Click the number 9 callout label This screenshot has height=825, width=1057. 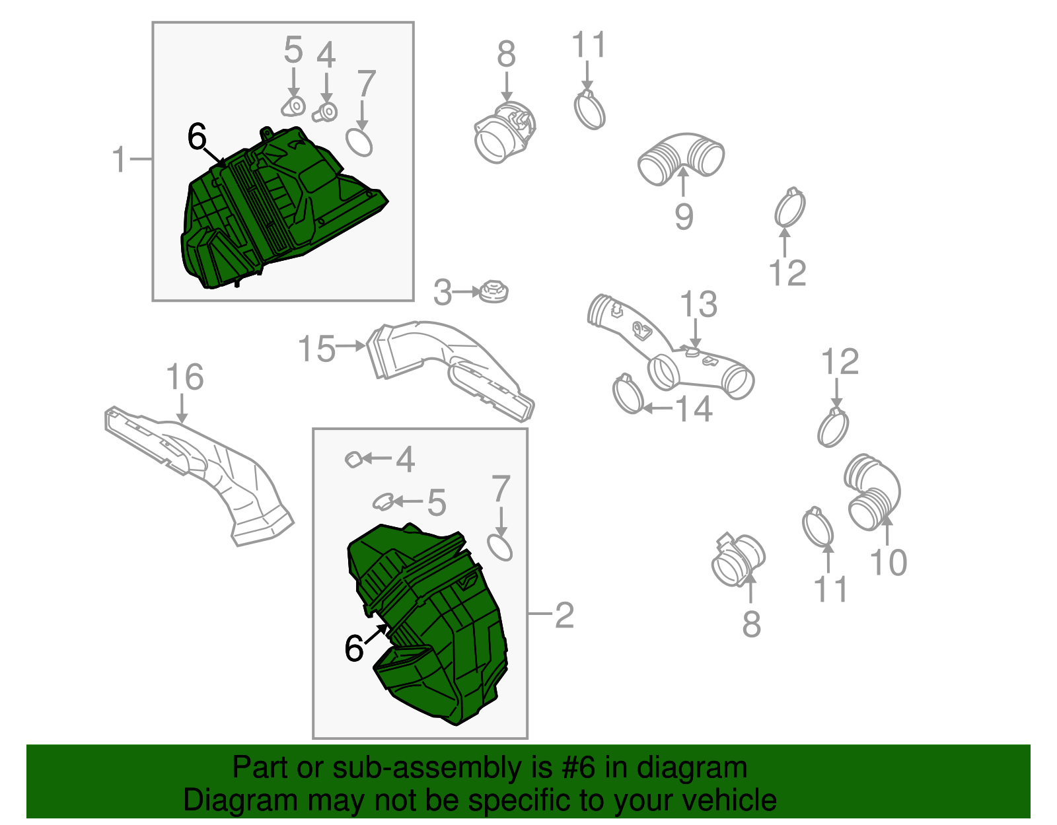click(684, 217)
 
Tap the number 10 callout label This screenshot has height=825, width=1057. click(889, 563)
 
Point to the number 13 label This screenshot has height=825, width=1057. click(698, 305)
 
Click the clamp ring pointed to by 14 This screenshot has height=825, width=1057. click(628, 394)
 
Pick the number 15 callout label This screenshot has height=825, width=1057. click(316, 349)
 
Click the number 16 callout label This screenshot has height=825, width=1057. click(185, 377)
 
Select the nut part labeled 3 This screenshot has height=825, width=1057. click(493, 292)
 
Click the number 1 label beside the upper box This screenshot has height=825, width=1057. click(119, 159)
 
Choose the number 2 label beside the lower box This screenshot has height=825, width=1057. click(564, 616)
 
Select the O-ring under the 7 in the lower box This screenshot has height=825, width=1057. click(500, 548)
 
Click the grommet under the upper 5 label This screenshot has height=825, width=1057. click(294, 106)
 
